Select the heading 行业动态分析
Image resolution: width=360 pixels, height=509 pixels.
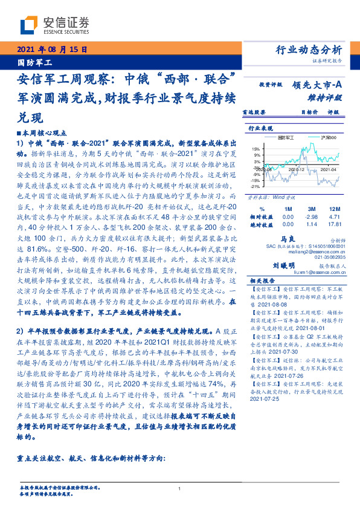pyautogui.click(x=309, y=50)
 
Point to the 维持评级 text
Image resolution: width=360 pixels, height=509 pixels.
pyautogui.click(x=327, y=97)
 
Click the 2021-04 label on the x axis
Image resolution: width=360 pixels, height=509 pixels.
pyautogui.click(x=323, y=171)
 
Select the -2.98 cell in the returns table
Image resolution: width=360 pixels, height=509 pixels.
pyautogui.click(x=311, y=216)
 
